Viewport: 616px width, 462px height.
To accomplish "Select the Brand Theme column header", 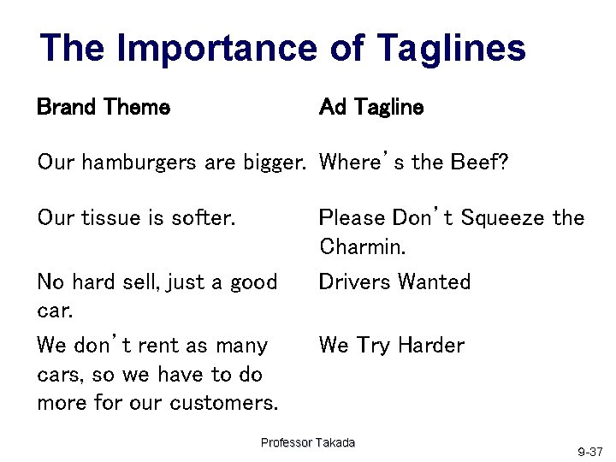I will [104, 107].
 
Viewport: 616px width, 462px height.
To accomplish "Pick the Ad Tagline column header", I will [370, 107].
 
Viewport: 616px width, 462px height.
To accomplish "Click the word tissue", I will [112, 218].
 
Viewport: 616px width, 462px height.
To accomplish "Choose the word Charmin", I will [363, 247].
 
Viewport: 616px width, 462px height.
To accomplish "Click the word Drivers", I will [352, 282].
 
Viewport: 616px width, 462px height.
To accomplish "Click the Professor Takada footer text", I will [308, 442].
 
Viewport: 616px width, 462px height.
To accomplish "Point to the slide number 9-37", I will [589, 451].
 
